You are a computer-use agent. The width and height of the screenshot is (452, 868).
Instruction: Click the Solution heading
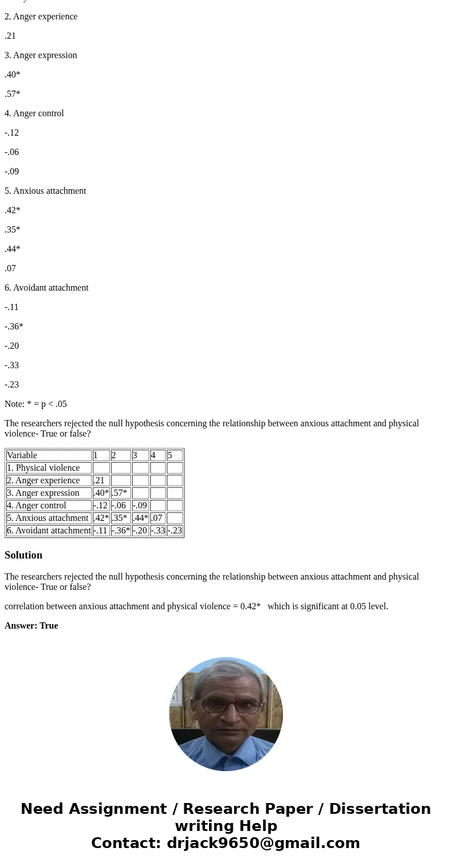click(x=23, y=555)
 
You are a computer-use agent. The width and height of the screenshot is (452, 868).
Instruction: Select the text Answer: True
click(x=31, y=626)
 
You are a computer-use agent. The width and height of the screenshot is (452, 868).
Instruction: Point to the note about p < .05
click(x=35, y=404)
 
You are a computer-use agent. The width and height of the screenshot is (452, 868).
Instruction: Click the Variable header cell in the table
click(x=48, y=455)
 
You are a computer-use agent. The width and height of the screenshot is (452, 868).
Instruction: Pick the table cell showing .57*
click(x=121, y=493)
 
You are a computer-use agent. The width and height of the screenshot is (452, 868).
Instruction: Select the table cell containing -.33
click(x=158, y=531)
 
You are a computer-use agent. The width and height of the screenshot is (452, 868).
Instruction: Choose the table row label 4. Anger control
click(x=48, y=506)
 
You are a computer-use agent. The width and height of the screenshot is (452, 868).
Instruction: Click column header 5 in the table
click(x=174, y=455)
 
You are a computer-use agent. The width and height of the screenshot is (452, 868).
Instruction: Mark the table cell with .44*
click(x=140, y=518)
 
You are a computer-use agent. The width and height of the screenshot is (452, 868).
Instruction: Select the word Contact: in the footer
click(x=126, y=843)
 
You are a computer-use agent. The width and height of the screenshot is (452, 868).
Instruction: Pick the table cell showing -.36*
click(x=121, y=531)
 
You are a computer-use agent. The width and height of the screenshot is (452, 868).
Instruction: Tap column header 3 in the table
click(x=140, y=455)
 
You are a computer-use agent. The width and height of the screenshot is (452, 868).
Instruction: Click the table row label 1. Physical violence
click(x=48, y=468)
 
